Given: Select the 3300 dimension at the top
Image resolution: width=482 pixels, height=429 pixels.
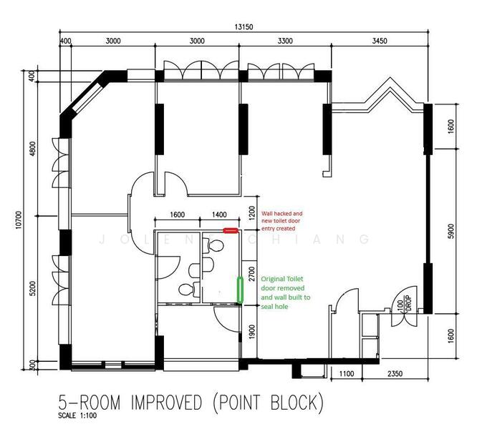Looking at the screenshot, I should (x=284, y=41).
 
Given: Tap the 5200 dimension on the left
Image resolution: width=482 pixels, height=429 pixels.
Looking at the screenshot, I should (x=33, y=290).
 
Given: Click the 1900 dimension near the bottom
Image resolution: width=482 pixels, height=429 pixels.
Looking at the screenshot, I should (x=251, y=331).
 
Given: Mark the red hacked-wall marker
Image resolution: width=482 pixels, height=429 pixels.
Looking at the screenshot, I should (x=231, y=230).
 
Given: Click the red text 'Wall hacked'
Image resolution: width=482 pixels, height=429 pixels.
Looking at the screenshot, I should (x=281, y=213).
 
